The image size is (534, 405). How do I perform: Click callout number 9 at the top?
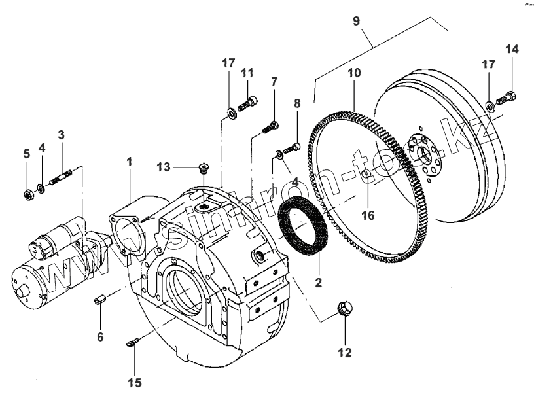[356, 21]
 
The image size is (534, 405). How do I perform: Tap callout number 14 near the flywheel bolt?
[511, 50]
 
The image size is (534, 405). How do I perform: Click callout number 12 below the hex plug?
[344, 353]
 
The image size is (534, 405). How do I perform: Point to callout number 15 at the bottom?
[135, 383]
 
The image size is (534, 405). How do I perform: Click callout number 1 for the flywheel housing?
[129, 160]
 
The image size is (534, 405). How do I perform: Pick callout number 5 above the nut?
[27, 154]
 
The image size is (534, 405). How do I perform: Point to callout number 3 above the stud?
[61, 135]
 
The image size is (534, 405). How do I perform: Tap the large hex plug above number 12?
[344, 309]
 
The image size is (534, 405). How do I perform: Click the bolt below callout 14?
[506, 99]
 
